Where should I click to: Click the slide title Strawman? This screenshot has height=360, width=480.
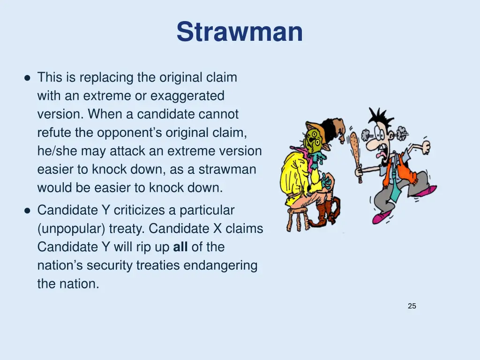point(240,32)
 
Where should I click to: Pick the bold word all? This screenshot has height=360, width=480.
point(180,247)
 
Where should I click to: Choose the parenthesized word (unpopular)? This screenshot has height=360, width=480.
point(71,229)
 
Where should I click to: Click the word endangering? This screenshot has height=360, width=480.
point(220,265)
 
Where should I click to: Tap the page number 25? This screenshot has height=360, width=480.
point(412,306)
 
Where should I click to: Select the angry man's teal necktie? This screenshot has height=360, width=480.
point(396,178)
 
